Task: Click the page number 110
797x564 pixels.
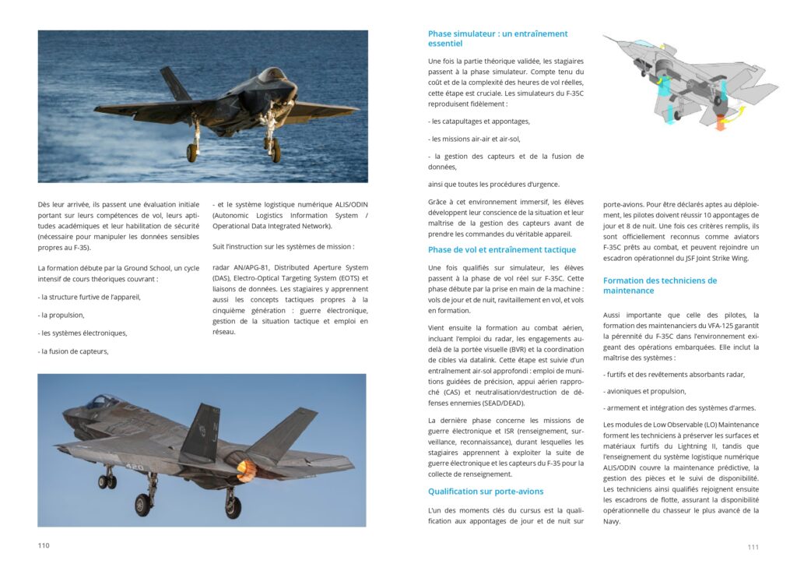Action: point(44,545)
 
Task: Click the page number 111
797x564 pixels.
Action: point(753,547)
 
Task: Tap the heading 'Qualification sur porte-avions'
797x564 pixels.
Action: point(486,492)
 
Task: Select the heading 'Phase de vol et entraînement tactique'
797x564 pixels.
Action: point(502,250)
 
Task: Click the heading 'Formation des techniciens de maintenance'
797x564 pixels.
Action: point(660,285)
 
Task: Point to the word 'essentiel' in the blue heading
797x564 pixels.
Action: point(445,44)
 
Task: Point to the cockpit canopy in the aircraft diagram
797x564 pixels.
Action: point(643,44)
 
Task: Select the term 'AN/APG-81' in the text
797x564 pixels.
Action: point(250,268)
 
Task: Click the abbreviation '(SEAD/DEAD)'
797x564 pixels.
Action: point(500,403)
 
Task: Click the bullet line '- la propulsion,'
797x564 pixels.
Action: point(61,315)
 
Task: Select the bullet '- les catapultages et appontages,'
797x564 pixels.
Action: point(479,122)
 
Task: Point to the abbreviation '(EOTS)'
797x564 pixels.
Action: point(350,278)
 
